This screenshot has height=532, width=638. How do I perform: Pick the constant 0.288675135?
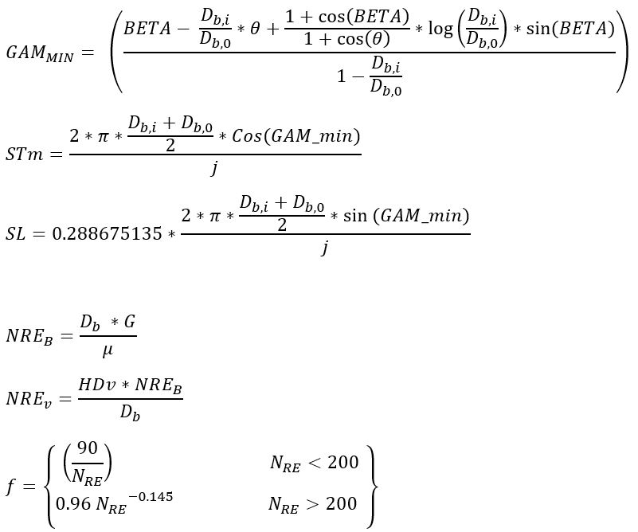click(108, 235)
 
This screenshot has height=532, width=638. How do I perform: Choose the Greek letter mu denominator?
click(108, 350)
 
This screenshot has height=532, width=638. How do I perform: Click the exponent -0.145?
click(151, 498)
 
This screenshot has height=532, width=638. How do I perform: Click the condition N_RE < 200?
click(313, 464)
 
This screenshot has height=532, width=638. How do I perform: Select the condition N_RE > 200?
click(313, 504)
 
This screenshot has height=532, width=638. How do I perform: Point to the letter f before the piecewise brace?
click(10, 486)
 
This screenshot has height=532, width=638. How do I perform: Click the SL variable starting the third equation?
click(17, 235)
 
